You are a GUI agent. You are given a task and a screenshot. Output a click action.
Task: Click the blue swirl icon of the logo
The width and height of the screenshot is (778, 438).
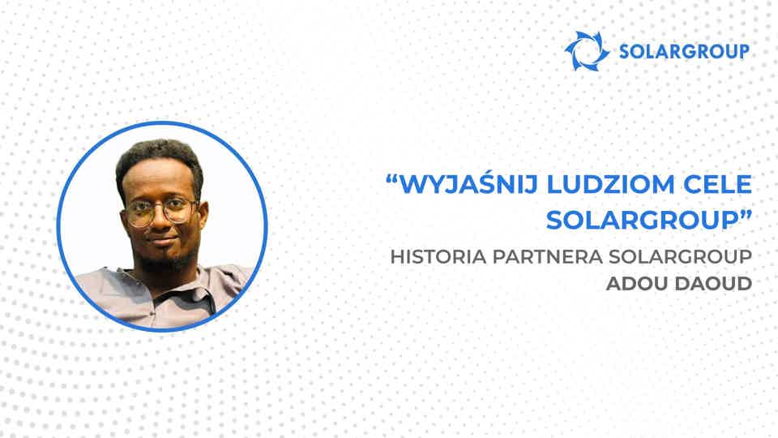[587, 51]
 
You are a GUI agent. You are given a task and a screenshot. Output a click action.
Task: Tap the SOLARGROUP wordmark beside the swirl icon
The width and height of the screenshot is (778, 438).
[683, 52]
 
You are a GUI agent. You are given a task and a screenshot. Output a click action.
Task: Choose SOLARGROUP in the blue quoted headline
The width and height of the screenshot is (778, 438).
[632, 221]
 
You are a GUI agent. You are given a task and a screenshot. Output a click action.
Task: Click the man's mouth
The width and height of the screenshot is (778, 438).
[164, 243]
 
